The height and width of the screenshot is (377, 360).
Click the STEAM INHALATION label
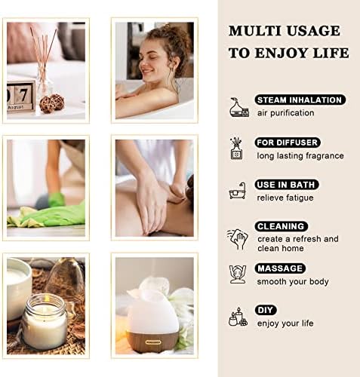click(300, 100)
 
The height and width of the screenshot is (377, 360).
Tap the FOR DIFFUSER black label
click(288, 143)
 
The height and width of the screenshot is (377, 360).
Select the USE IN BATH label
click(287, 185)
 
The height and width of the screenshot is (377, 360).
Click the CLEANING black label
click(281, 226)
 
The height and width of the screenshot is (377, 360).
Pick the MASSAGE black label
click(280, 268)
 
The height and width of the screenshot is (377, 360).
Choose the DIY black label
click(266, 310)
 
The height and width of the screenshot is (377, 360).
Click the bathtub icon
click(237, 191)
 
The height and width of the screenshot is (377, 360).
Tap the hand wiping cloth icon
click(237, 239)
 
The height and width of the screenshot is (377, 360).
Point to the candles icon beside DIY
click(238, 317)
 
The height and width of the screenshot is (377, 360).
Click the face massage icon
click(237, 274)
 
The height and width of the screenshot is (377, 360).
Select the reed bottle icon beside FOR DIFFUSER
click(236, 149)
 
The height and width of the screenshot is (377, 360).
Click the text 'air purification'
click(285, 113)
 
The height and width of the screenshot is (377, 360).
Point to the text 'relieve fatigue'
click(285, 198)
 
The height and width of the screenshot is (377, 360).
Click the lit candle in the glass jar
click(45, 321)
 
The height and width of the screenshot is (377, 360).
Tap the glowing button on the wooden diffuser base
click(153, 342)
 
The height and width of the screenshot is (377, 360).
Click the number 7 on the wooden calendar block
click(23, 96)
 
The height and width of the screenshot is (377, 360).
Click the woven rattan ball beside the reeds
click(52, 103)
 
